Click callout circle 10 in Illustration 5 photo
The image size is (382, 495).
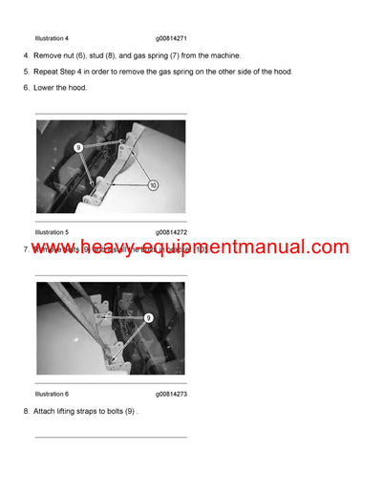click(152, 185)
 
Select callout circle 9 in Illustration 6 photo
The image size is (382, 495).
click(149, 317)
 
